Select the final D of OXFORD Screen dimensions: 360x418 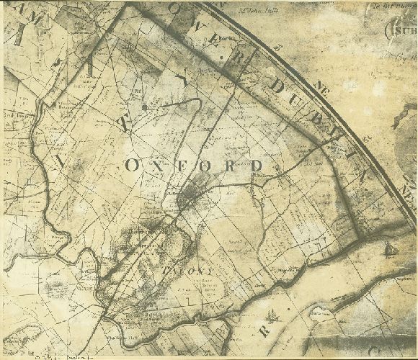click(x=256, y=166)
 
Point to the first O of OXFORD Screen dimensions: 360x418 click(x=132, y=165)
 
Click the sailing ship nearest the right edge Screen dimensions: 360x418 click(x=391, y=249)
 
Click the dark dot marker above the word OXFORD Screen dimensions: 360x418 click(x=145, y=107)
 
